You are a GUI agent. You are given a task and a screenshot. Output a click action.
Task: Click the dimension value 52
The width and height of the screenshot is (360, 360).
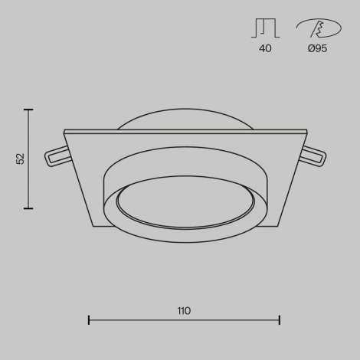21,159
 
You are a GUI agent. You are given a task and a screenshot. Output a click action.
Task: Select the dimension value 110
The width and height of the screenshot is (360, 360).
184,311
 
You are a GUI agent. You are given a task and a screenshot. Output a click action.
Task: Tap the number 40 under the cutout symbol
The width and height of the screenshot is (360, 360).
265,49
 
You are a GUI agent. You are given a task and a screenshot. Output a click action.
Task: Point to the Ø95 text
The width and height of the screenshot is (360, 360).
317,49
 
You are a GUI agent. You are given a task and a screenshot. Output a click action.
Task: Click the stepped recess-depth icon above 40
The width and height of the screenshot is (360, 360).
265,28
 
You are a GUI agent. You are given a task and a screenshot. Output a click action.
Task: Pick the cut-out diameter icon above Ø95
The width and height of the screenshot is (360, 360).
318,28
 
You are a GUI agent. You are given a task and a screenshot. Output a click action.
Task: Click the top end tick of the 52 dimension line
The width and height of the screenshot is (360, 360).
29,110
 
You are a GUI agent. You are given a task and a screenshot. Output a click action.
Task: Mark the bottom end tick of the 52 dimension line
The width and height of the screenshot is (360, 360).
29,208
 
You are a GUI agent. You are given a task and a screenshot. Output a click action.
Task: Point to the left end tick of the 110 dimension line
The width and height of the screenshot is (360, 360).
89,319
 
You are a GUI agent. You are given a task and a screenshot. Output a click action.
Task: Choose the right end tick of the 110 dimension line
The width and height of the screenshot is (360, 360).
280,319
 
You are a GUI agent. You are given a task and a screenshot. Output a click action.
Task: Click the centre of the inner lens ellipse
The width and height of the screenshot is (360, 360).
185,204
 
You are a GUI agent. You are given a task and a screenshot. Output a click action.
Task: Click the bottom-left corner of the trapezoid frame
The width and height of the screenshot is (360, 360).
93,226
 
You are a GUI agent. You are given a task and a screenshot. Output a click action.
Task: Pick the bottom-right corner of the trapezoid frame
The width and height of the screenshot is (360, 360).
278,226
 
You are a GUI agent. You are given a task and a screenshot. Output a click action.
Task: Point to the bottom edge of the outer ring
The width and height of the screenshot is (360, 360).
185,241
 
